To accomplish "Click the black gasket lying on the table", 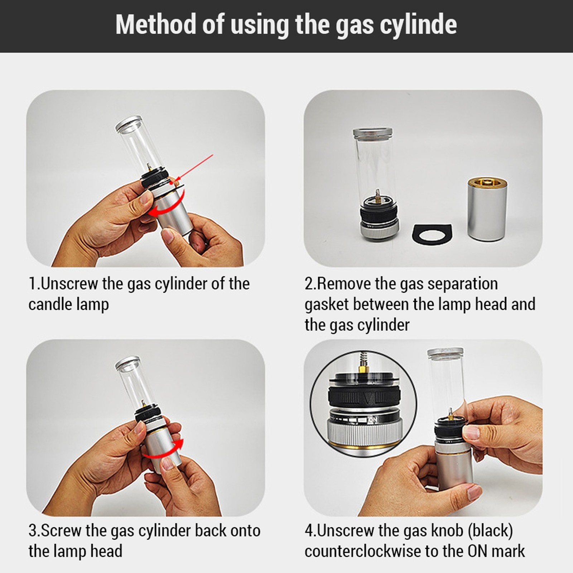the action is pyautogui.click(x=432, y=235).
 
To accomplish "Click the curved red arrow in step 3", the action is pyautogui.click(x=163, y=450).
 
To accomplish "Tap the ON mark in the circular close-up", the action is pyautogui.click(x=373, y=419).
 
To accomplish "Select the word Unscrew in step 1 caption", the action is pyautogui.click(x=69, y=284).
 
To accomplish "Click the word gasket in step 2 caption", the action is pyautogui.click(x=326, y=305).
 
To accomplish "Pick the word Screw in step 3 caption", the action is pyautogui.click(x=61, y=530).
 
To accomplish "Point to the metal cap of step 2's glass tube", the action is pyautogui.click(x=372, y=133).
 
